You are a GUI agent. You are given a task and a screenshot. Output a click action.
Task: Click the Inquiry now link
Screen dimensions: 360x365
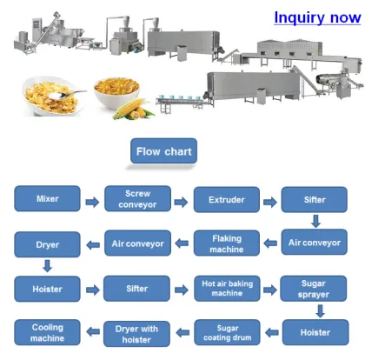(316, 17)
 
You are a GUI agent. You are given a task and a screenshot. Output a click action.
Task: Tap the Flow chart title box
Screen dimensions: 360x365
(164, 152)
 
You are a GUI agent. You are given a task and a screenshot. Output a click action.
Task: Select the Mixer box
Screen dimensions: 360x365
(48, 200)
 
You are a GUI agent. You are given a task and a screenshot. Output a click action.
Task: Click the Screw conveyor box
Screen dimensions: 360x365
(136, 200)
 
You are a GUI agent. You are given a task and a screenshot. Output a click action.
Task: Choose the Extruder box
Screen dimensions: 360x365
(226, 200)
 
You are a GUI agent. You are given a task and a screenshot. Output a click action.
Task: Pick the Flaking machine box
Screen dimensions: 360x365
(226, 243)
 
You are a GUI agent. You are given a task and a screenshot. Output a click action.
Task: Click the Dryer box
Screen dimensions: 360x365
(48, 244)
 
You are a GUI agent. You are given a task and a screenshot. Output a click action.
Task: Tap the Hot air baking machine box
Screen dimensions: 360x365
(226, 288)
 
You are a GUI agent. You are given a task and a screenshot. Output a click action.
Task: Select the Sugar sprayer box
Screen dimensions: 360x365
(315, 288)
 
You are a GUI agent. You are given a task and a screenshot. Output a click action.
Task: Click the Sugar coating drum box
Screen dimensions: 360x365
(226, 331)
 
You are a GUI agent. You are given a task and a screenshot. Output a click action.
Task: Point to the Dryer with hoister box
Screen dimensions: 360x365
(136, 331)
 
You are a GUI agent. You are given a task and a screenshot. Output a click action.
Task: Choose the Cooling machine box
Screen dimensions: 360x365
(48, 331)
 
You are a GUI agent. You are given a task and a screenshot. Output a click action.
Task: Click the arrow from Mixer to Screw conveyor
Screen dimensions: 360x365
(91, 202)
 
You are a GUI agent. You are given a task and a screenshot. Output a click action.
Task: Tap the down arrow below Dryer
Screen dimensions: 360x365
(47, 266)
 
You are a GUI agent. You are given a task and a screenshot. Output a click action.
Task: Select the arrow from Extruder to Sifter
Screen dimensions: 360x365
(270, 202)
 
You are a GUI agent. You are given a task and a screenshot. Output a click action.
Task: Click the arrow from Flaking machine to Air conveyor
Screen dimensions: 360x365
(181, 244)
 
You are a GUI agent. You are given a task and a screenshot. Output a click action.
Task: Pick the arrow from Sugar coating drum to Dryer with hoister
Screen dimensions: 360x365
(181, 331)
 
